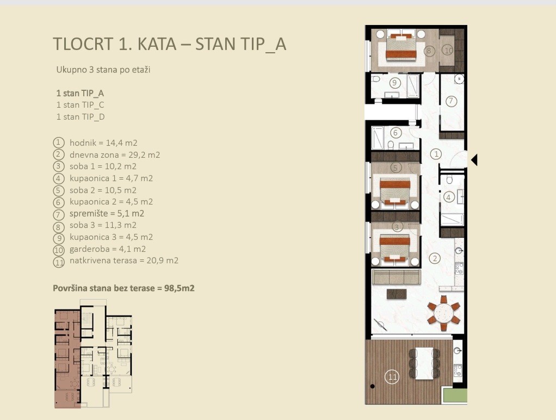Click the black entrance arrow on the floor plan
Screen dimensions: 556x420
tap(474, 160)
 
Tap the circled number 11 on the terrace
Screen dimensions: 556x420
tap(392, 376)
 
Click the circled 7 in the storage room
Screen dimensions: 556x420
tap(451, 101)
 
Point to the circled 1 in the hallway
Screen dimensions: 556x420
tap(436, 154)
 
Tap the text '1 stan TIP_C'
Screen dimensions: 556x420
tap(80, 105)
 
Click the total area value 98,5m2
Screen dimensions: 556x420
tap(180, 288)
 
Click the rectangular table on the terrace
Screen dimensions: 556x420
tap(424, 363)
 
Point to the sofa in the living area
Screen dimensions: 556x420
tap(396, 277)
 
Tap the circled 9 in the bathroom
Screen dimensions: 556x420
tap(394, 83)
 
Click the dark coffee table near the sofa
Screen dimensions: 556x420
tap(397, 294)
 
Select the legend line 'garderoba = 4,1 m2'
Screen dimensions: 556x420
tap(108, 249)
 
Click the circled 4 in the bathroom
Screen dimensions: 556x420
tap(449, 197)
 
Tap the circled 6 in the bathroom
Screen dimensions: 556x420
tap(396, 133)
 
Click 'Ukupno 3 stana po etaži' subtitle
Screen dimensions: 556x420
tap(103, 70)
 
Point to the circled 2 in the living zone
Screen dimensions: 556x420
tap(435, 258)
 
